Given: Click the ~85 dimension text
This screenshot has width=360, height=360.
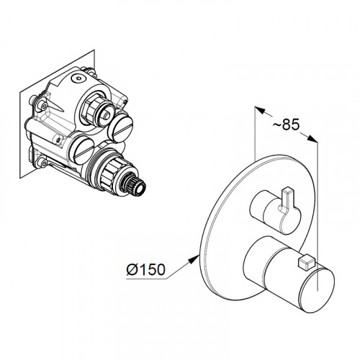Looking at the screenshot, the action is [x=286, y=125].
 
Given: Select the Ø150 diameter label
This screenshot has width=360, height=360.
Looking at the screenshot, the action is [x=146, y=269].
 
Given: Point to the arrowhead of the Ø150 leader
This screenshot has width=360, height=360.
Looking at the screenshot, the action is [x=194, y=259].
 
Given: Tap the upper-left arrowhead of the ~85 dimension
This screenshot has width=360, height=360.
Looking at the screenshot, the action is [x=260, y=110].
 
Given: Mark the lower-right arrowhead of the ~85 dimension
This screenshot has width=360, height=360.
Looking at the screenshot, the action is [x=312, y=139].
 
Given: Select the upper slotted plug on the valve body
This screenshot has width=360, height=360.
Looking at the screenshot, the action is [x=120, y=127].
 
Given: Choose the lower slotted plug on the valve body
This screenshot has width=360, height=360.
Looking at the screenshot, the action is [x=82, y=151].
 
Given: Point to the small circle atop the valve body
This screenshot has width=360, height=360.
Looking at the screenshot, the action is [x=78, y=78].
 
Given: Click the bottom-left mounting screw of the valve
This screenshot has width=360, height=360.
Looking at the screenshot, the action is [x=43, y=163].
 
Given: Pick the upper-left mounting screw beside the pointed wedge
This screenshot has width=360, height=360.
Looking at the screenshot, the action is [x=43, y=105].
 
